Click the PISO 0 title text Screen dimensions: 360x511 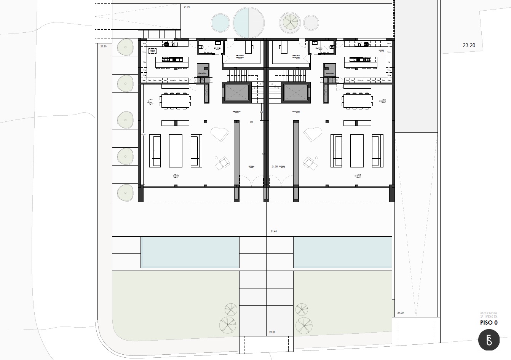pyautogui.click(x=489, y=323)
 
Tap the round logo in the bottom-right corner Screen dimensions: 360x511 pyautogui.click(x=489, y=340)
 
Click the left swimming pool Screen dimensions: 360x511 pyautogui.click(x=190, y=252)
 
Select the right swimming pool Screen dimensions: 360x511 pyautogui.click(x=343, y=252)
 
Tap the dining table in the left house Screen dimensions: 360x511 pyautogui.click(x=175, y=101)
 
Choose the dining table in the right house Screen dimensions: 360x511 pyautogui.click(x=358, y=101)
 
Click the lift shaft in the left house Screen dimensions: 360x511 pyautogui.click(x=236, y=92)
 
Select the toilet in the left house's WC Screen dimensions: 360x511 pyautogui.click(x=202, y=48)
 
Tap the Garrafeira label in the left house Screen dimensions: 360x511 pyautogui.click(x=202, y=73)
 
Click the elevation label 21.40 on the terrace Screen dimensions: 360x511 pyautogui.click(x=273, y=231)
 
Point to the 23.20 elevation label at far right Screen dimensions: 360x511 pyautogui.click(x=469, y=45)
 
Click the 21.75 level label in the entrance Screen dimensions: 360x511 pyautogui.click(x=275, y=167)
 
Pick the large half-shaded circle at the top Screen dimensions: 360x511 pyautogui.click(x=249, y=22)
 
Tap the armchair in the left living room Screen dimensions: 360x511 pyautogui.click(x=222, y=164)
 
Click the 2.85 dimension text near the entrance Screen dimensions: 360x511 pyautogui.click(x=252, y=122)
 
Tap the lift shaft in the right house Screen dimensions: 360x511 pyautogui.click(x=296, y=92)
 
